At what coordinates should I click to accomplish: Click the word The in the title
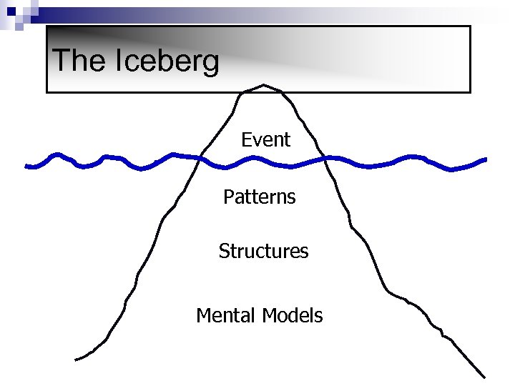(78, 61)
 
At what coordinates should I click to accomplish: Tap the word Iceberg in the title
(167, 62)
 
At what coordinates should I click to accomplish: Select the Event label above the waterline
(265, 140)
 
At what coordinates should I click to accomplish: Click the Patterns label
(259, 197)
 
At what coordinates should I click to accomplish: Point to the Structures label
(263, 252)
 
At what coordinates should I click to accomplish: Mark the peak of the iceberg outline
(264, 84)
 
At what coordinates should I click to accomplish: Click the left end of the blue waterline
(26, 167)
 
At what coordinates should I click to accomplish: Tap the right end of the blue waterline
(486, 159)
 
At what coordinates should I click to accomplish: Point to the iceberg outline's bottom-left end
(77, 359)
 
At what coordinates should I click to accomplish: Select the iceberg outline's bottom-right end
(484, 377)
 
